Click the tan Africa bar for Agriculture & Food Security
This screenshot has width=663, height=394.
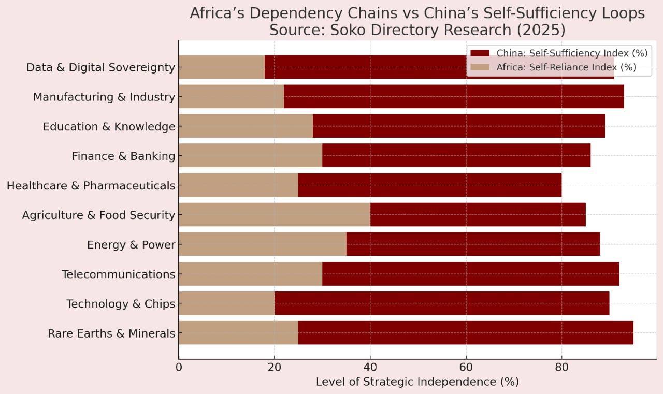pyautogui.click(x=274, y=214)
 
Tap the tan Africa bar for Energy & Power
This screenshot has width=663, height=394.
pyautogui.click(x=262, y=244)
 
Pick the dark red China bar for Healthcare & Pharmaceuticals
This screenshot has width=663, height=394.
pyautogui.click(x=429, y=185)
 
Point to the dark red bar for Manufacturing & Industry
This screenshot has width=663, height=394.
pyautogui.click(x=453, y=96)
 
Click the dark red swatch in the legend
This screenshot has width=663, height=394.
pyautogui.click(x=480, y=53)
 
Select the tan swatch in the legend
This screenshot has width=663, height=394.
pyautogui.click(x=480, y=67)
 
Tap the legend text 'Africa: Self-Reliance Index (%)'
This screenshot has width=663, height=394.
pyautogui.click(x=566, y=67)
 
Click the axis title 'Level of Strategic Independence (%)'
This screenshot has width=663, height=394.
pyautogui.click(x=417, y=382)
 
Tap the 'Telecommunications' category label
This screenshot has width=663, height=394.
pyautogui.click(x=118, y=274)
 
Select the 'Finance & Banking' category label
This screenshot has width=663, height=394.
pyautogui.click(x=123, y=156)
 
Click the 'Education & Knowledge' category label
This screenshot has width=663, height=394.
pyautogui.click(x=109, y=126)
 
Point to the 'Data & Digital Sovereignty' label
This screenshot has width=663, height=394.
pyautogui.click(x=100, y=67)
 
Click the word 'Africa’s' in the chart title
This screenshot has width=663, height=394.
pyautogui.click(x=218, y=13)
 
